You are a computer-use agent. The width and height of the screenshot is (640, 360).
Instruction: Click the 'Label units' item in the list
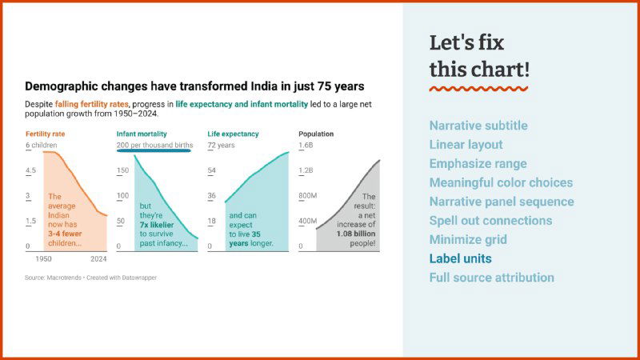(x=460, y=258)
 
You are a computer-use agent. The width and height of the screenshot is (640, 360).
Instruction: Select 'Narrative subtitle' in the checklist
(x=478, y=126)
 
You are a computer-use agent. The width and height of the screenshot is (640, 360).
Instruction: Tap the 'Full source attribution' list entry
(x=491, y=278)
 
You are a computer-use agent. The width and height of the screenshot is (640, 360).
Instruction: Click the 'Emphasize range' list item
(x=478, y=163)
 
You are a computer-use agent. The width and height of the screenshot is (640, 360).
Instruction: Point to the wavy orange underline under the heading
(x=478, y=88)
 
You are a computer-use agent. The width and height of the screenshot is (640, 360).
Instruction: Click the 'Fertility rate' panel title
(x=45, y=134)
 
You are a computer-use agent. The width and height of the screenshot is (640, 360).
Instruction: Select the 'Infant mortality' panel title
(x=142, y=134)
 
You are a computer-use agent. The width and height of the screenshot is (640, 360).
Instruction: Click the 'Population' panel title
(x=316, y=134)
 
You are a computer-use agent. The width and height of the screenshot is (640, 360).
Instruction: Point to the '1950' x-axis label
(x=44, y=259)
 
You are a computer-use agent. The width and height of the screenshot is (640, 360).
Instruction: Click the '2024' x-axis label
(x=98, y=259)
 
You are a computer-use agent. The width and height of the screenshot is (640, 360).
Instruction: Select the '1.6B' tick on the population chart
(x=306, y=146)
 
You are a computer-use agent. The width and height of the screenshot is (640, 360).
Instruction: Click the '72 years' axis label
(x=221, y=146)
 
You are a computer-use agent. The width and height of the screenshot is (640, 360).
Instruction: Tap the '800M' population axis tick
(x=308, y=196)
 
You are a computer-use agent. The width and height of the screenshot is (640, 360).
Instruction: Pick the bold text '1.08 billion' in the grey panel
(x=356, y=234)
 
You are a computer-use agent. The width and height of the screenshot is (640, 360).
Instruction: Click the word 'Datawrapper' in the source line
(x=139, y=278)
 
